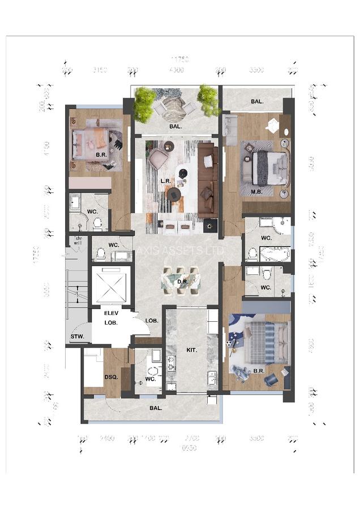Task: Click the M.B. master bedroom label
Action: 256,191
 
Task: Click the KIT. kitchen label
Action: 191,350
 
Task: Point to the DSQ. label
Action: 110,377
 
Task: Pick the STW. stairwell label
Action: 77,337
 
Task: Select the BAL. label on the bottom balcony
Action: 156,407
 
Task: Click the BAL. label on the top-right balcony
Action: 257,102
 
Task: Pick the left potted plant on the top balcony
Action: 145,102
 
